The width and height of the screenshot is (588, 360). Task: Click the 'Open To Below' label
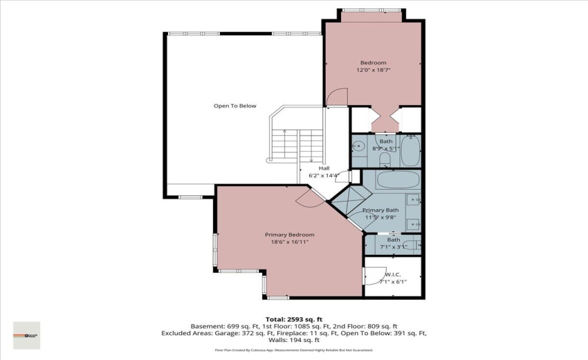(x=235, y=106)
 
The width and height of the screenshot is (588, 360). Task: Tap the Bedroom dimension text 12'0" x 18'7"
(x=373, y=70)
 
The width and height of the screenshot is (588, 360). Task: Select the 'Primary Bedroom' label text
(x=290, y=235)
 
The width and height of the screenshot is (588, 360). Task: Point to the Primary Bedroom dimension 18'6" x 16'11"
(x=290, y=242)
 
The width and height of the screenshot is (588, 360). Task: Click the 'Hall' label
(x=323, y=168)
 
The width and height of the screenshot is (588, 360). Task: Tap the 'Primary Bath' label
(x=380, y=210)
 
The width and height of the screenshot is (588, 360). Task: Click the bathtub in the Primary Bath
(x=398, y=181)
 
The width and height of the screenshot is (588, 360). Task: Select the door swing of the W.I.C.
(x=374, y=276)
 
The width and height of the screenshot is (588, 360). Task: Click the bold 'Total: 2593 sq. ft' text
(x=294, y=318)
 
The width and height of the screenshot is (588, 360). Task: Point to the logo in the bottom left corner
(x=27, y=335)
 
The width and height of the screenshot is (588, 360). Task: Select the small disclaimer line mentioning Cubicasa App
(x=294, y=350)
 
